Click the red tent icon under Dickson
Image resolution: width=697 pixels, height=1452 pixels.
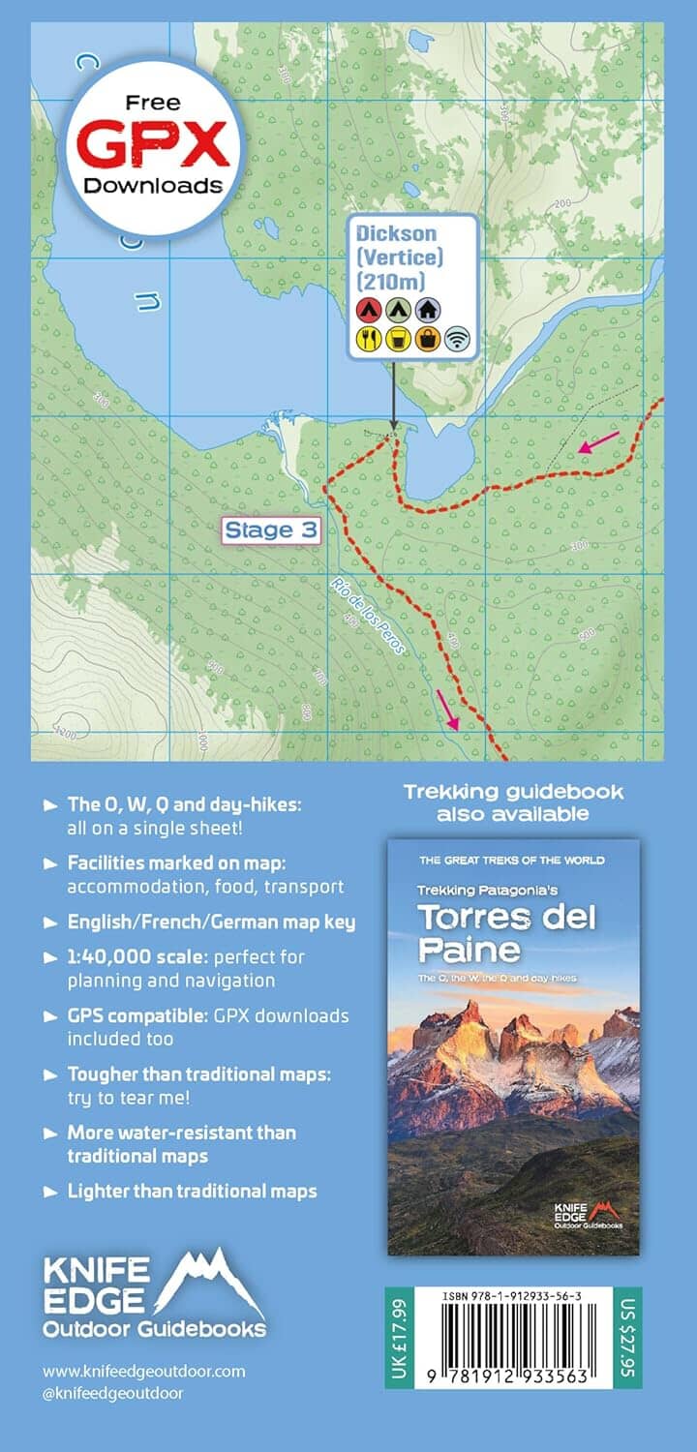(x=368, y=310)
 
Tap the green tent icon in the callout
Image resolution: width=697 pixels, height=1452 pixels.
(x=397, y=310)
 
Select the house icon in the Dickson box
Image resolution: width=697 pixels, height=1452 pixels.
(x=427, y=310)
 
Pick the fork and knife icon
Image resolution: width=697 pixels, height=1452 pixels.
(x=368, y=339)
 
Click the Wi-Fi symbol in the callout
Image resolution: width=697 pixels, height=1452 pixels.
(x=456, y=339)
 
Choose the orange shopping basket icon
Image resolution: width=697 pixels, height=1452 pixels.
(x=427, y=339)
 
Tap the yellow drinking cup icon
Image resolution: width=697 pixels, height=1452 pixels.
(x=397, y=339)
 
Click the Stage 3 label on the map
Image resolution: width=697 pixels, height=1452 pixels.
(x=271, y=530)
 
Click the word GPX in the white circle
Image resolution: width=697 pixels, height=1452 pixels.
(x=153, y=145)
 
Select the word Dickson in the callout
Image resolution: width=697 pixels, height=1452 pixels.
(x=396, y=233)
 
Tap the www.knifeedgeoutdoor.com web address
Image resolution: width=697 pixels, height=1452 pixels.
(x=144, y=1371)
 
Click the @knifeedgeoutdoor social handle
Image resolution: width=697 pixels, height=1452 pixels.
(x=113, y=1393)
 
